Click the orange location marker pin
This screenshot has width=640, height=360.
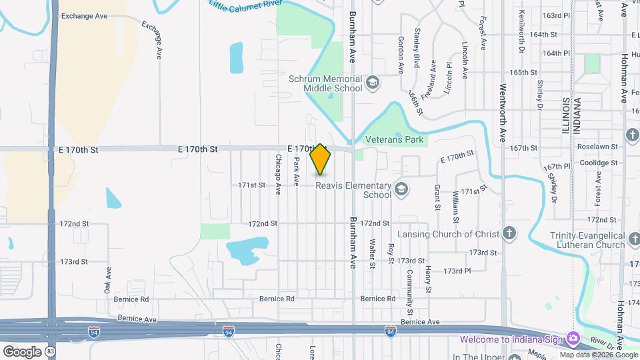321,159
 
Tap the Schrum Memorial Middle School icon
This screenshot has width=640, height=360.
372,83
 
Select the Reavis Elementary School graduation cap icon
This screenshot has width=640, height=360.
401,190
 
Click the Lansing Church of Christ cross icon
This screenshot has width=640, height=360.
509,233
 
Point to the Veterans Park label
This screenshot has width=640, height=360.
395,141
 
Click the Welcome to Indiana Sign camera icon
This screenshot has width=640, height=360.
573,339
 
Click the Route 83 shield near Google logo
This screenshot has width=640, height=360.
50,351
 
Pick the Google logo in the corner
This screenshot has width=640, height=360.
22,351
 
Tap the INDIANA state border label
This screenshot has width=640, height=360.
577,117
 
